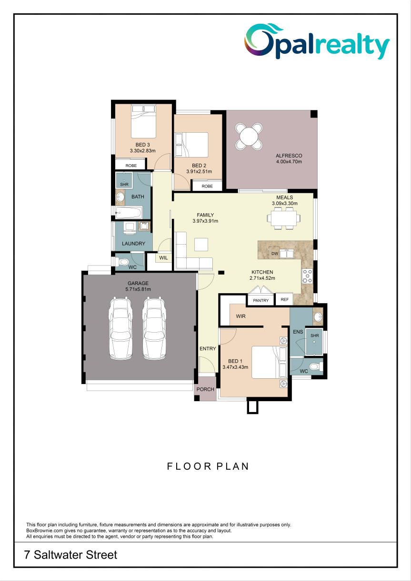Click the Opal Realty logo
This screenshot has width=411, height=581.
point(317,41)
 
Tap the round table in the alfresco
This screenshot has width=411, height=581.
point(249,136)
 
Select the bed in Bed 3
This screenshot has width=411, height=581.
point(143,121)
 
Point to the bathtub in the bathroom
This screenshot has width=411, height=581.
point(129,213)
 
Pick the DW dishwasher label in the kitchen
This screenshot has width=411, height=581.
point(274,254)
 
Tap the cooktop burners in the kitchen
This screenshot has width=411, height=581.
point(307,276)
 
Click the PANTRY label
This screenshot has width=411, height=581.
point(261,300)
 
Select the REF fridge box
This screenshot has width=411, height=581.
point(284,299)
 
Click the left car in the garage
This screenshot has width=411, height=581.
point(120,329)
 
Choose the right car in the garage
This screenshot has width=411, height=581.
point(154,329)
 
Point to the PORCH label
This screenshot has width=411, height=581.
point(205,389)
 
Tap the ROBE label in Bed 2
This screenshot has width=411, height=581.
point(207,186)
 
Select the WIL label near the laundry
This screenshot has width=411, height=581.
point(163,258)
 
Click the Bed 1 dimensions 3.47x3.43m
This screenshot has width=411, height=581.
point(235,367)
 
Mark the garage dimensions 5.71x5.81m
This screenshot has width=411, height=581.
point(138,289)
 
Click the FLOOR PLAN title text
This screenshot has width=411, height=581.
point(208,466)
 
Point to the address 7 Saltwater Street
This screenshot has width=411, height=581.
point(70,554)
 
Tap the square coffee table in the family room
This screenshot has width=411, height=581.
point(201,244)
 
